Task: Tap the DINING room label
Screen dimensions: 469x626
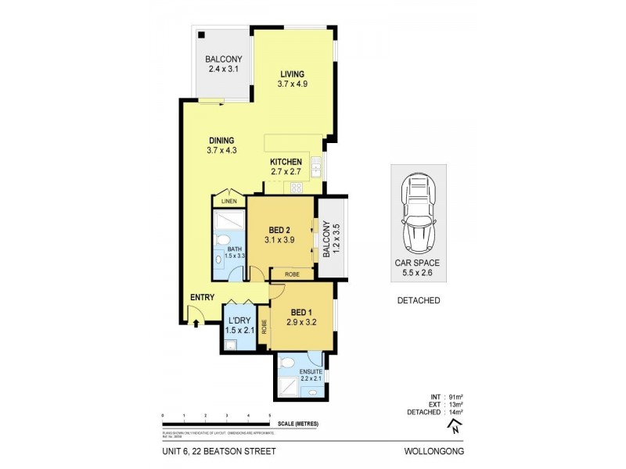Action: click(x=221, y=141)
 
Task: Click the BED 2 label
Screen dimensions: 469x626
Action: click(x=280, y=229)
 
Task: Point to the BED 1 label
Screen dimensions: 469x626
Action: click(x=301, y=311)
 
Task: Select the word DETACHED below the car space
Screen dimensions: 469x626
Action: click(x=418, y=300)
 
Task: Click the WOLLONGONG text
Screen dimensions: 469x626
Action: click(x=435, y=451)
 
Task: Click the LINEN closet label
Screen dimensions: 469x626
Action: click(x=228, y=202)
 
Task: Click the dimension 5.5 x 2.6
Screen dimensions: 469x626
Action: click(x=418, y=274)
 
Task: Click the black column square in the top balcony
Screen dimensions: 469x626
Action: click(x=201, y=34)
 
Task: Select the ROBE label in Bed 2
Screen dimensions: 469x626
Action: click(x=292, y=274)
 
